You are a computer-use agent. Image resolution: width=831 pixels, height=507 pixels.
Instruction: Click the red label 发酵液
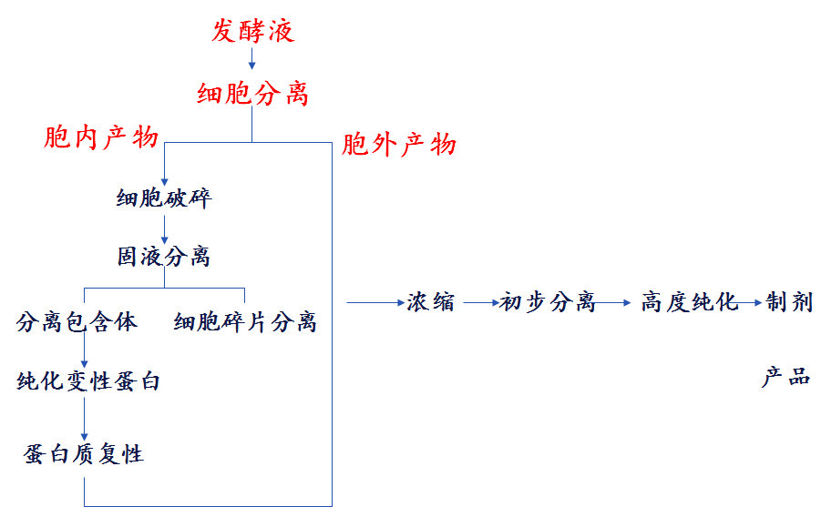coord(253,33)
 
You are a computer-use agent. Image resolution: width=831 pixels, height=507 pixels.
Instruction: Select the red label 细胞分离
coord(253,93)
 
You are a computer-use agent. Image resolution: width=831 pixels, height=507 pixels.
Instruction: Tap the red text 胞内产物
coord(101,138)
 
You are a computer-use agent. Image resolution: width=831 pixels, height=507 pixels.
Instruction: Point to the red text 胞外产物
coord(399,145)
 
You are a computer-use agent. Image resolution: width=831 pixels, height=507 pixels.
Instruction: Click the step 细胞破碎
coord(164,198)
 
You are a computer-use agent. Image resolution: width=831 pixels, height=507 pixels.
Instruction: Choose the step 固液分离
coord(164,257)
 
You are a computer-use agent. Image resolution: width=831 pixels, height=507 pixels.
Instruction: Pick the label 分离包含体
coord(77,321)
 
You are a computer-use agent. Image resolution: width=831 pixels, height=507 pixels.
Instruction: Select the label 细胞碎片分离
coord(245,322)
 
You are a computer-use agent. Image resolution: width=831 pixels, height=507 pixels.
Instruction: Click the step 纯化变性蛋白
coord(88,381)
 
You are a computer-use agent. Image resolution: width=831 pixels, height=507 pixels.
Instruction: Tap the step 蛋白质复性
coord(84,452)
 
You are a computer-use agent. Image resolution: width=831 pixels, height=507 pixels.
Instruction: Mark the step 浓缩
coord(431,302)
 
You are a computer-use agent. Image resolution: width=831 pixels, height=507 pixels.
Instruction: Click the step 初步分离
coord(547,302)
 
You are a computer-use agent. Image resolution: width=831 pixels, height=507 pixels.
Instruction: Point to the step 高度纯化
coord(689,302)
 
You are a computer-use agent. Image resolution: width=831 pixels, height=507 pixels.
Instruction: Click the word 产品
coord(785,378)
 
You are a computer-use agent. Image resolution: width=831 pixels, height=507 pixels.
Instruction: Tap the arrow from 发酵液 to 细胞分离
coord(252,60)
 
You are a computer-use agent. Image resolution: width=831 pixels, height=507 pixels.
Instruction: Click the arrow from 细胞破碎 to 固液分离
coord(164,228)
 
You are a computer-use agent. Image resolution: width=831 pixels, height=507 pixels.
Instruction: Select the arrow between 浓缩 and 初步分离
coord(479,301)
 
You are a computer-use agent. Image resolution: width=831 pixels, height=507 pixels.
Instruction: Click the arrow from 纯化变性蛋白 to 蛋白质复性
coord(85,417)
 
